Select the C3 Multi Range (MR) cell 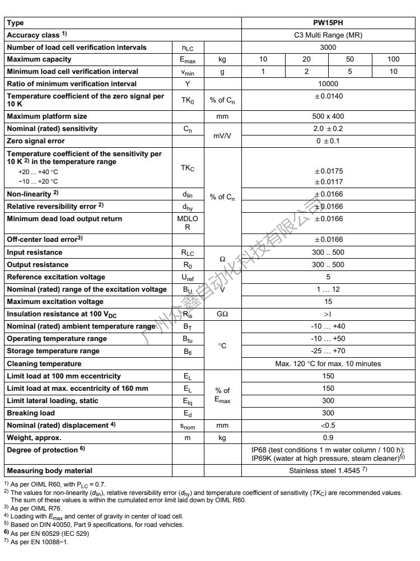(x=328, y=35)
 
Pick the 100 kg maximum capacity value (x=393, y=58)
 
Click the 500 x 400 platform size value (x=328, y=116)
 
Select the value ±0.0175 (x=328, y=172)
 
